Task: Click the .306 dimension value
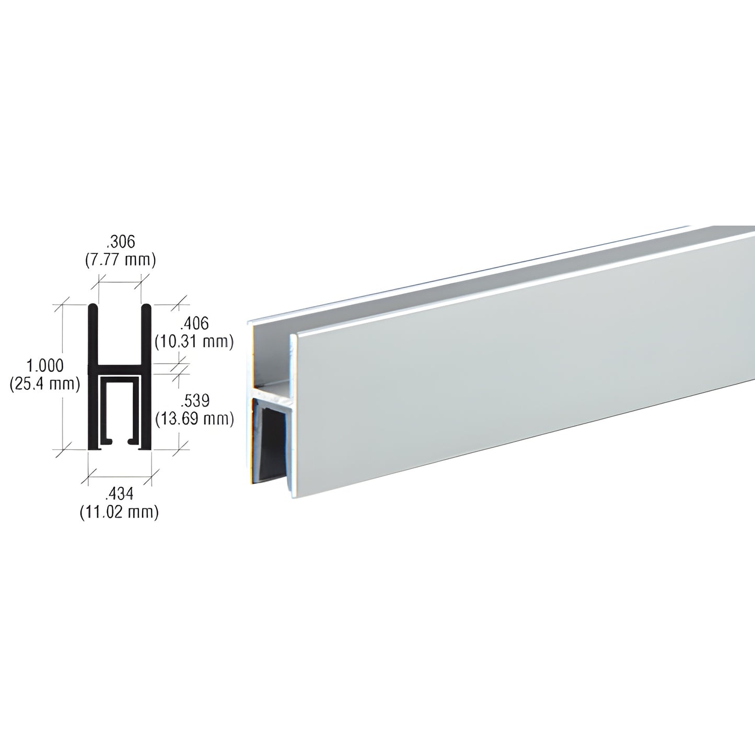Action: pos(120,242)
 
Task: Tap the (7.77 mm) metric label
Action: pos(120,259)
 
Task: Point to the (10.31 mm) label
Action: pos(194,341)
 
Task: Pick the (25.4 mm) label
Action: pos(44,384)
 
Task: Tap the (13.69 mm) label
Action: pos(194,418)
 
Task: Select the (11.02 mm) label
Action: pos(119,512)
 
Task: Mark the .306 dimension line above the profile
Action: pos(120,282)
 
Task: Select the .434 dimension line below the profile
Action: pos(119,475)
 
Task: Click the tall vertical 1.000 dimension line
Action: pos(63,376)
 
